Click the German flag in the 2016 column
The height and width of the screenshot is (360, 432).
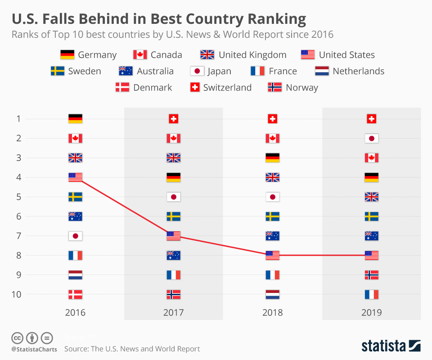(x=75, y=119)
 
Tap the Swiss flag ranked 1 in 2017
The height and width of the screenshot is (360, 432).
(x=174, y=119)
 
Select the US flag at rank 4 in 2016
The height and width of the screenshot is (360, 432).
(x=75, y=177)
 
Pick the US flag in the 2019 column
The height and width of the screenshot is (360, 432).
(x=372, y=255)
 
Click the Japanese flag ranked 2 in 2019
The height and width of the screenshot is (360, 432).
(x=372, y=139)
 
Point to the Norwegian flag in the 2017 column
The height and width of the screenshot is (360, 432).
(x=174, y=294)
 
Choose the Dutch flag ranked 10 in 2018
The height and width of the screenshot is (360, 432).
(x=273, y=294)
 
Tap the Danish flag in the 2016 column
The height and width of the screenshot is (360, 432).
(x=75, y=294)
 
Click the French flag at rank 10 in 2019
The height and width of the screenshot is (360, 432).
(x=372, y=294)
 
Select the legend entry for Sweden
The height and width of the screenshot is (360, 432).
(x=76, y=71)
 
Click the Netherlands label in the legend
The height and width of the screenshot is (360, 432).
(x=358, y=71)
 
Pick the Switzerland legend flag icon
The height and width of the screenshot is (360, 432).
(x=194, y=87)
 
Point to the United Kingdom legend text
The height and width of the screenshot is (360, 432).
(x=252, y=55)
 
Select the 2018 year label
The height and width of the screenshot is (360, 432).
(x=273, y=312)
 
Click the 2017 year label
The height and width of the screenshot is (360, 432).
(x=174, y=312)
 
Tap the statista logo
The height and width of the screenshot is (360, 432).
(x=391, y=346)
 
